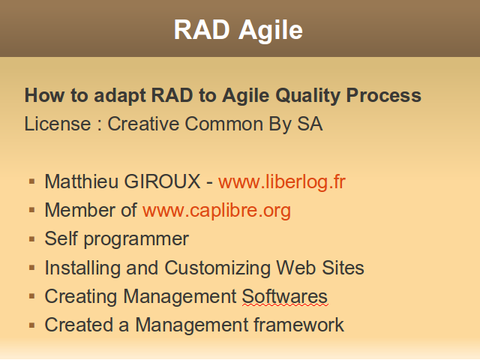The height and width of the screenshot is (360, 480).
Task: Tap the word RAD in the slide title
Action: click(x=202, y=30)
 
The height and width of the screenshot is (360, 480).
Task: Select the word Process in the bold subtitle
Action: click(x=384, y=95)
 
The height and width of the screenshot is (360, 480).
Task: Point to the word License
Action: click(x=58, y=124)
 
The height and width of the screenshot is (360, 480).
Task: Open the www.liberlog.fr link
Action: click(x=282, y=181)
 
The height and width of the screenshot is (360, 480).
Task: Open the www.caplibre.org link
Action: click(x=217, y=211)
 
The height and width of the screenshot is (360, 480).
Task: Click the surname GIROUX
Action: click(x=162, y=181)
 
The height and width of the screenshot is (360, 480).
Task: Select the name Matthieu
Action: click(x=81, y=181)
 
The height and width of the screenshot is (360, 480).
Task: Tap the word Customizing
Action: click(x=217, y=268)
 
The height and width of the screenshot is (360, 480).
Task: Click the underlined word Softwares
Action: click(x=285, y=297)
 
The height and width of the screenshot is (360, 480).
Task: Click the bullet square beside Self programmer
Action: click(x=31, y=238)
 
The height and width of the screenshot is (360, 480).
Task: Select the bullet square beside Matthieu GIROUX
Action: click(x=31, y=181)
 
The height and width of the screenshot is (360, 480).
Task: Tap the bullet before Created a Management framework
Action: click(x=31, y=325)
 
